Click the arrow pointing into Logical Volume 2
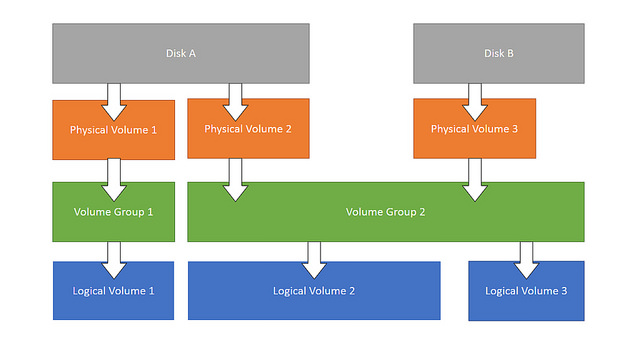click(x=314, y=259)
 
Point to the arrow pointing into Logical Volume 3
click(x=527, y=259)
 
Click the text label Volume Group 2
click(x=385, y=212)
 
